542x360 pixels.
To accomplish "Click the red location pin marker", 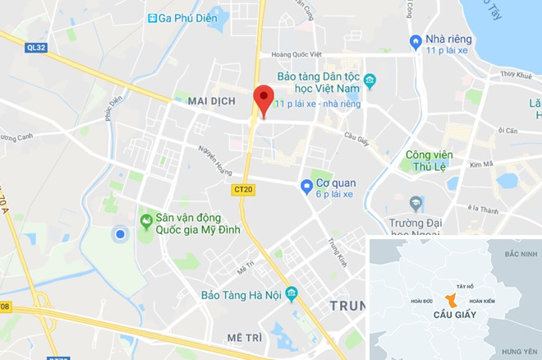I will point(263,99).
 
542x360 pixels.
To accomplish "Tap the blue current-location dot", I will point(120,235).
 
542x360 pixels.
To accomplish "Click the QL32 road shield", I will point(36,48).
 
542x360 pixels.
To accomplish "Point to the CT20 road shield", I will point(241,190).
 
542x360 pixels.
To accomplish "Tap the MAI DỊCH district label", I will point(212,100).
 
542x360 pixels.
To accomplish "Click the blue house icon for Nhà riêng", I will point(416,41).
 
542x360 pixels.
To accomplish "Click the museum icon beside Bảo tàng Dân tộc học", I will point(370,81).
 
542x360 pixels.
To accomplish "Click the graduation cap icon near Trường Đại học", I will point(416,202).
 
